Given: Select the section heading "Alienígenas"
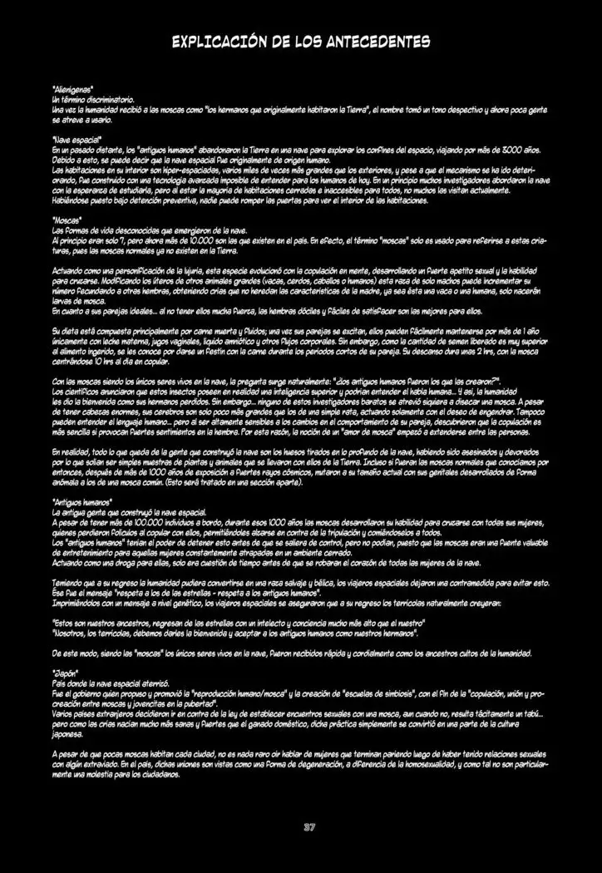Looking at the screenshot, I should [x=72, y=87].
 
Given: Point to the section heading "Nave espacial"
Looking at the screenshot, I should [x=76, y=140].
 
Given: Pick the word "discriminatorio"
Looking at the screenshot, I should [x=111, y=98].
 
